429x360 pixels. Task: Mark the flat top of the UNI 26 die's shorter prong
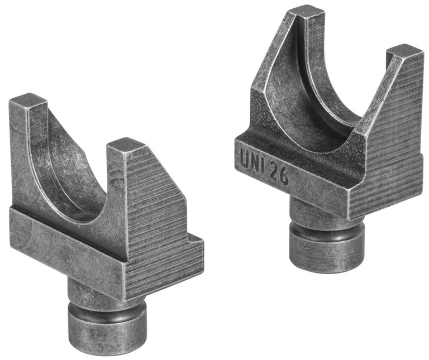[x=404, y=51]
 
